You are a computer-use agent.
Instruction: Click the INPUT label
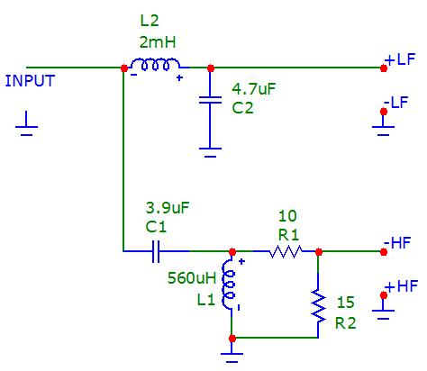click(30, 81)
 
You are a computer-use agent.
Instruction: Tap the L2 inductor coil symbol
click(155, 64)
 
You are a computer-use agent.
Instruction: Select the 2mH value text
click(158, 42)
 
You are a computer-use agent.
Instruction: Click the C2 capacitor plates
click(210, 100)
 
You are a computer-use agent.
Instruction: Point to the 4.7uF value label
click(254, 89)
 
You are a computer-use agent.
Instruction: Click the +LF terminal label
click(401, 59)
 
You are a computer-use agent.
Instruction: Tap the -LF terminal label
click(395, 103)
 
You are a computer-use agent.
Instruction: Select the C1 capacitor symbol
click(156, 251)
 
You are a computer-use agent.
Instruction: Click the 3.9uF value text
click(168, 208)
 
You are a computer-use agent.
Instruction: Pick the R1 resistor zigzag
click(286, 251)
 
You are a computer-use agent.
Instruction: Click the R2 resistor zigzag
click(318, 305)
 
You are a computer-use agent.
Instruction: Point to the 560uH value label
click(192, 278)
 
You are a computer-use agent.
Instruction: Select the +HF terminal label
click(403, 286)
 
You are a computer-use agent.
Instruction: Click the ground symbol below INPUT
click(26, 123)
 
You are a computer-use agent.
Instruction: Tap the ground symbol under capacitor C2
click(210, 152)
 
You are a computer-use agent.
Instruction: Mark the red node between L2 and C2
click(211, 68)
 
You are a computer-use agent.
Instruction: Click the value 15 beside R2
click(346, 303)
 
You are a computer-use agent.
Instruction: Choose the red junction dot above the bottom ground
click(232, 339)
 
